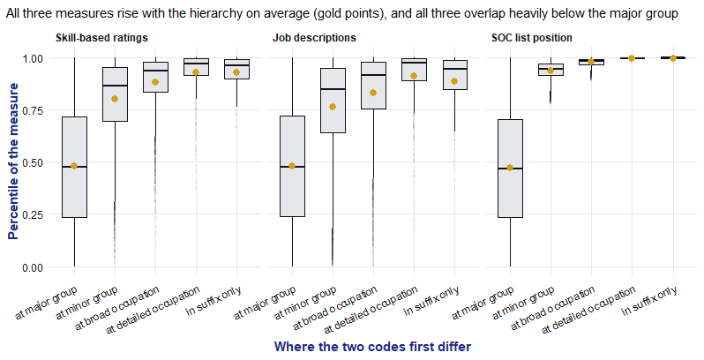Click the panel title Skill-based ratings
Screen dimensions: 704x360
tap(101, 38)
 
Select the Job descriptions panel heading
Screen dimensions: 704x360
tap(314, 38)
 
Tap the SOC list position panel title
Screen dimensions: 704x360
tap(532, 38)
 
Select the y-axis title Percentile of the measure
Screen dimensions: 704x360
tap(13, 161)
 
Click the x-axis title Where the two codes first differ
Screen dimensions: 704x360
tap(372, 347)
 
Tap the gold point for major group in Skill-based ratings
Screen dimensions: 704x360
tap(74, 166)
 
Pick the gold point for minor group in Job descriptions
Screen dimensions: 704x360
tap(333, 107)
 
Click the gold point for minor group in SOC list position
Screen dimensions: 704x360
tap(550, 71)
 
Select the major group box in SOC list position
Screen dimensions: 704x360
tap(510, 169)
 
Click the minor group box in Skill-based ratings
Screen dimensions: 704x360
tap(115, 94)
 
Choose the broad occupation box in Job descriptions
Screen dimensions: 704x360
tap(373, 86)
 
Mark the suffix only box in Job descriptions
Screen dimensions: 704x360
tap(455, 74)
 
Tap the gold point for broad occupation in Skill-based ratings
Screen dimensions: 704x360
tap(155, 82)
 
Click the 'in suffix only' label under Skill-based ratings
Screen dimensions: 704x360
tap(213, 300)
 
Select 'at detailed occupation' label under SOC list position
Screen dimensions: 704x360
tap(588, 310)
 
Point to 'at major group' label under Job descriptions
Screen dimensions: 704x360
tap(265, 303)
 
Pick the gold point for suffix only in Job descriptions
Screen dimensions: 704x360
tap(454, 81)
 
